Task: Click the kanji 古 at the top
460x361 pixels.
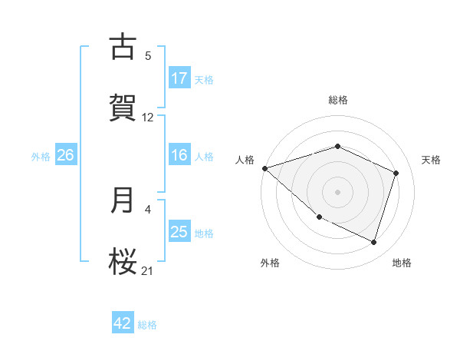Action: coord(123,47)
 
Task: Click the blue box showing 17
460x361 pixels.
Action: coord(179,78)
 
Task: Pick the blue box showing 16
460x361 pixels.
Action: coord(179,155)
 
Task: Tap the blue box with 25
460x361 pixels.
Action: coord(179,232)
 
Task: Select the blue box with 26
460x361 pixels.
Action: coord(65,155)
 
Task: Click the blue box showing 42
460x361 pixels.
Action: coord(123,323)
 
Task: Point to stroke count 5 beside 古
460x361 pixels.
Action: coord(148,55)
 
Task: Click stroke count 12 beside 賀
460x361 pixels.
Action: coord(148,118)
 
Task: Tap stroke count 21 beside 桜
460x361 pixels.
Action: coord(148,270)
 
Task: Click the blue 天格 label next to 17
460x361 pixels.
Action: coord(204,79)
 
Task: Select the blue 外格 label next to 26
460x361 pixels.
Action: coord(41,156)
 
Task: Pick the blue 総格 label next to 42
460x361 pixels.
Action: coord(147,324)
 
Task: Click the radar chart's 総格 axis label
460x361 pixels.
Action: coord(338,100)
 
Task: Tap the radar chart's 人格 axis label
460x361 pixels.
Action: coord(245,160)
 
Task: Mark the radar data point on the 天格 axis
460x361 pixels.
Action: coord(396,173)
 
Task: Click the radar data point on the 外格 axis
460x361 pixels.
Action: coord(319,217)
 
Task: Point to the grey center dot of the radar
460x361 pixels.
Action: coord(338,191)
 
